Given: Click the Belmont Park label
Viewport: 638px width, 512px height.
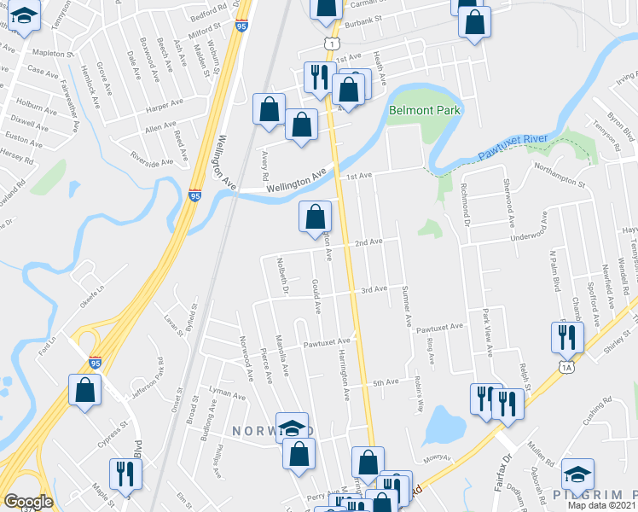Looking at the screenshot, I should coord(424,110).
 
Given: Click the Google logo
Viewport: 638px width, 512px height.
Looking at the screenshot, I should coord(28,502).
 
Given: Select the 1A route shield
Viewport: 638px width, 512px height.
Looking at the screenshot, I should coord(567,367).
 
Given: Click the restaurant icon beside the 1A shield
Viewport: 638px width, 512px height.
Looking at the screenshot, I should coord(566,339).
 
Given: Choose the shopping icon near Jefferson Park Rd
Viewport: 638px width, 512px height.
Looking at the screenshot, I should coord(85,392).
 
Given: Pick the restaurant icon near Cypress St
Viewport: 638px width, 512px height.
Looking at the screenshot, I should coord(125,475).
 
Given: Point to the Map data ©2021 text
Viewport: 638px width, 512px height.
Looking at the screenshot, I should coord(602,505).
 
